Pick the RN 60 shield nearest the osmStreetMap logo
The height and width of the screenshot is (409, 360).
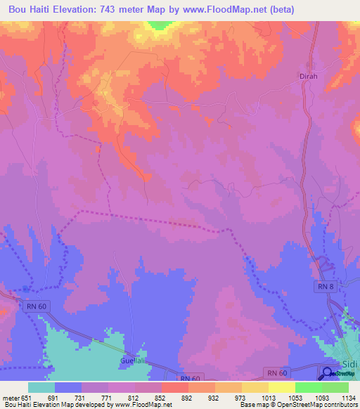pyautogui.click(x=276, y=370)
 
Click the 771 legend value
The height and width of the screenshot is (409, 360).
pyautogui.click(x=107, y=397)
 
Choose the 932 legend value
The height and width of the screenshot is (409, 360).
pyautogui.click(x=215, y=397)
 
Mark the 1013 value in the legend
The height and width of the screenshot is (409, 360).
pyautogui.click(x=268, y=397)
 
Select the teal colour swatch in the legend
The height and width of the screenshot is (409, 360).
pyautogui.click(x=41, y=387)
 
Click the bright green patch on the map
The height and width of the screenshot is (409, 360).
pyautogui.click(x=160, y=25)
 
